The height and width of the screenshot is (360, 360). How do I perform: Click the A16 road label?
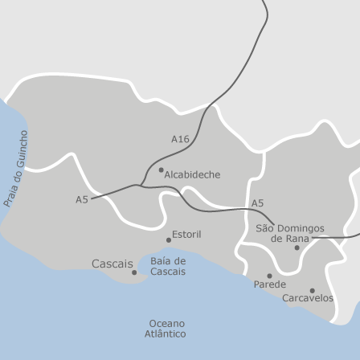pos(180,139)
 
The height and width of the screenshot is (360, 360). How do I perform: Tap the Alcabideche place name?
pos(192,174)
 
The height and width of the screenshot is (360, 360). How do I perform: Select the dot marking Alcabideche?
pos(161,170)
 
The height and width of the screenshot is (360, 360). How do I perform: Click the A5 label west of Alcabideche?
pos(81,198)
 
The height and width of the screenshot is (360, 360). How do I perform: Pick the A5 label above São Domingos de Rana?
pos(257,203)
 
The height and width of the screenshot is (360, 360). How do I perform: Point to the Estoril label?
pos(186,234)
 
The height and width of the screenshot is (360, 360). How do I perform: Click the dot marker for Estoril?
pos(169,239)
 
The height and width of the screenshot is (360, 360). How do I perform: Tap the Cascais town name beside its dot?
pos(112,264)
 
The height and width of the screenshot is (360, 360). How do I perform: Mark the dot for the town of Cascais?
pos(134,272)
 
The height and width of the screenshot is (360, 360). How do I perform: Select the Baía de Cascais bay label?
pos(168,267)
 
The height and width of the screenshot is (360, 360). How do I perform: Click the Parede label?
pos(269,284)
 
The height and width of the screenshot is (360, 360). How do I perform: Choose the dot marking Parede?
pos(269,276)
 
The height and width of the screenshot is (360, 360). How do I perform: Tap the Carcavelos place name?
pos(308,298)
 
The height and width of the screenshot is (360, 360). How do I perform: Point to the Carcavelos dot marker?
pos(312,290)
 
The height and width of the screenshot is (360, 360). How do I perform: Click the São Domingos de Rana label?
pos(290,233)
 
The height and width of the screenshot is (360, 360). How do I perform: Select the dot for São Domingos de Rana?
pos(297,247)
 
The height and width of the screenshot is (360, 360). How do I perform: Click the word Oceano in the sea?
pos(166,323)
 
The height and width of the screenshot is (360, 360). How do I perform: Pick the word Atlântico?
pos(165,333)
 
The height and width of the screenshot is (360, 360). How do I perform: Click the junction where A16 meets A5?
pos(141,186)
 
